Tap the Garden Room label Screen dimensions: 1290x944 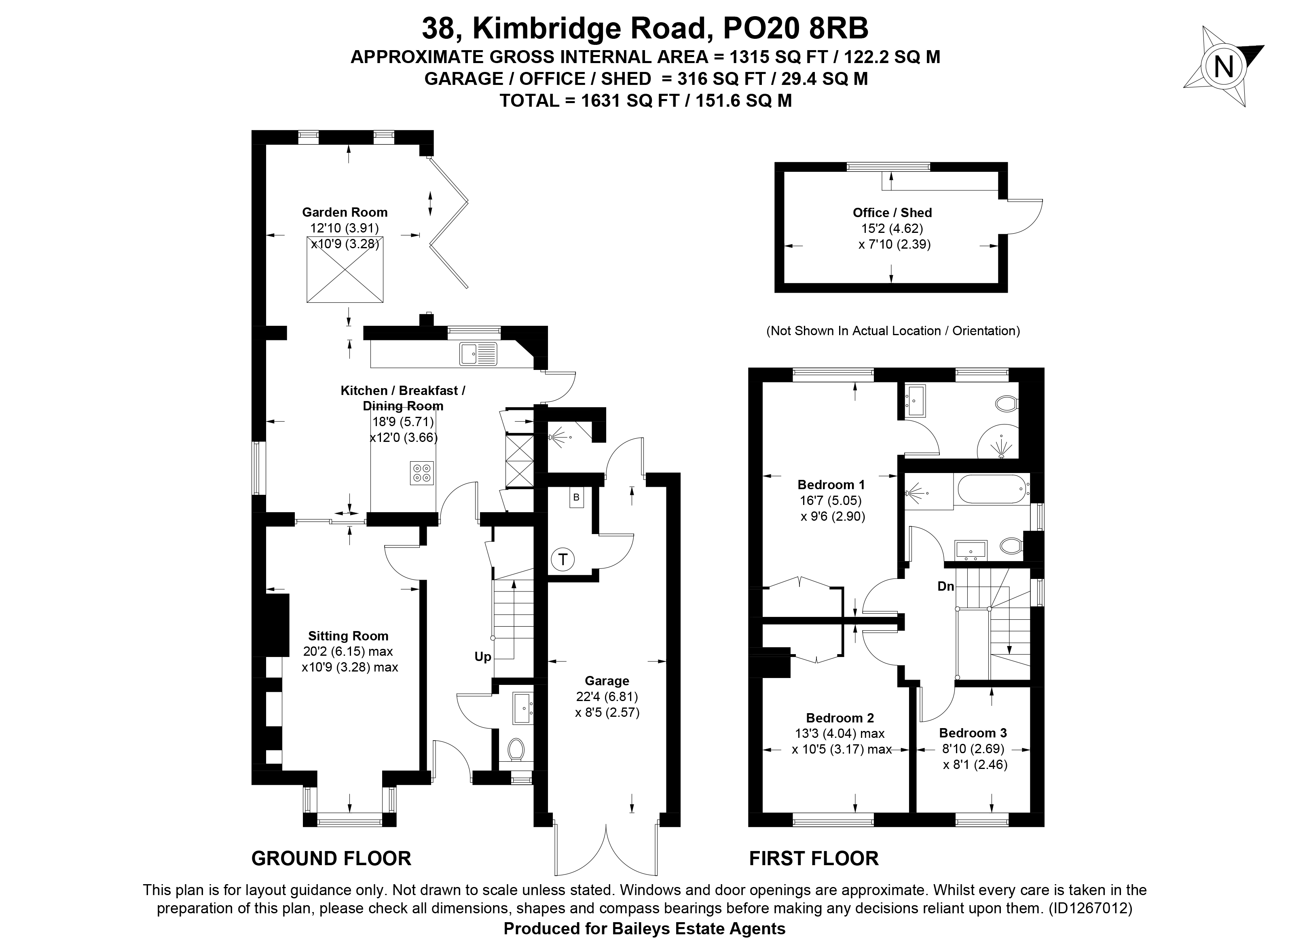click(345, 213)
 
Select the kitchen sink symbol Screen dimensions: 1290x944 click(478, 354)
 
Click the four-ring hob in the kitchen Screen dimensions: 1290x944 click(422, 473)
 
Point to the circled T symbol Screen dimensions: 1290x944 click(563, 560)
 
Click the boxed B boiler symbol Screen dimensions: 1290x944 click(576, 497)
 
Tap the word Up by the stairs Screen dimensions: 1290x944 click(482, 657)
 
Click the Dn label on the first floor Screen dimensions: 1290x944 click(946, 586)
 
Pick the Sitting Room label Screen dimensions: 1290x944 click(348, 636)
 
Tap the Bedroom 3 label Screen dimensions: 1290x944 click(973, 733)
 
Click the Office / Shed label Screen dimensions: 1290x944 click(892, 213)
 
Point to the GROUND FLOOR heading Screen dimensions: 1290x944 click(332, 859)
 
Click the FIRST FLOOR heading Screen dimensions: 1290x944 click(814, 859)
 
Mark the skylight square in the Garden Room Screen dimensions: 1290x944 click(345, 269)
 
